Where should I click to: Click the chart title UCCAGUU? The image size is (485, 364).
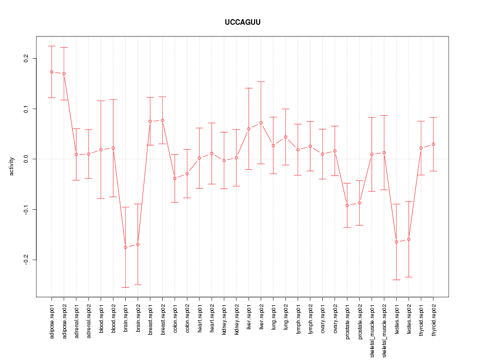coord(243,23)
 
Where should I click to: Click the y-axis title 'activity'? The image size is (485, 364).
coord(12,166)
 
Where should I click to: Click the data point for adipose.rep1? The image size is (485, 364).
coord(52,72)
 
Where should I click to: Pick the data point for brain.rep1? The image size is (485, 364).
coord(125,247)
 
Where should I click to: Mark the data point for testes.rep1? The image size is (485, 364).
coord(397,242)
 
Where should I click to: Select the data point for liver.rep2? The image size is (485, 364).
coord(261,123)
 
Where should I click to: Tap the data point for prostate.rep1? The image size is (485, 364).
coord(347,205)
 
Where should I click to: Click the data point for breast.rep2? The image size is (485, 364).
coord(163,120)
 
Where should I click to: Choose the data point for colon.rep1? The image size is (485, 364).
coord(175,178)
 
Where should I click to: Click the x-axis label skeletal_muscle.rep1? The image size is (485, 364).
coord(372,328)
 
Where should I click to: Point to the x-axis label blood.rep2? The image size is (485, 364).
coord(113,321)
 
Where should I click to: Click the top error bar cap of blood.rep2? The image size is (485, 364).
coord(113,100)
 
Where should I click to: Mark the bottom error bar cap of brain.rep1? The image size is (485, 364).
coord(125,287)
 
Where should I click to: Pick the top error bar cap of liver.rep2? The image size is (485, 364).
coord(261,81)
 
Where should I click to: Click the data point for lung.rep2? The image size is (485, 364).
coord(286,137)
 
